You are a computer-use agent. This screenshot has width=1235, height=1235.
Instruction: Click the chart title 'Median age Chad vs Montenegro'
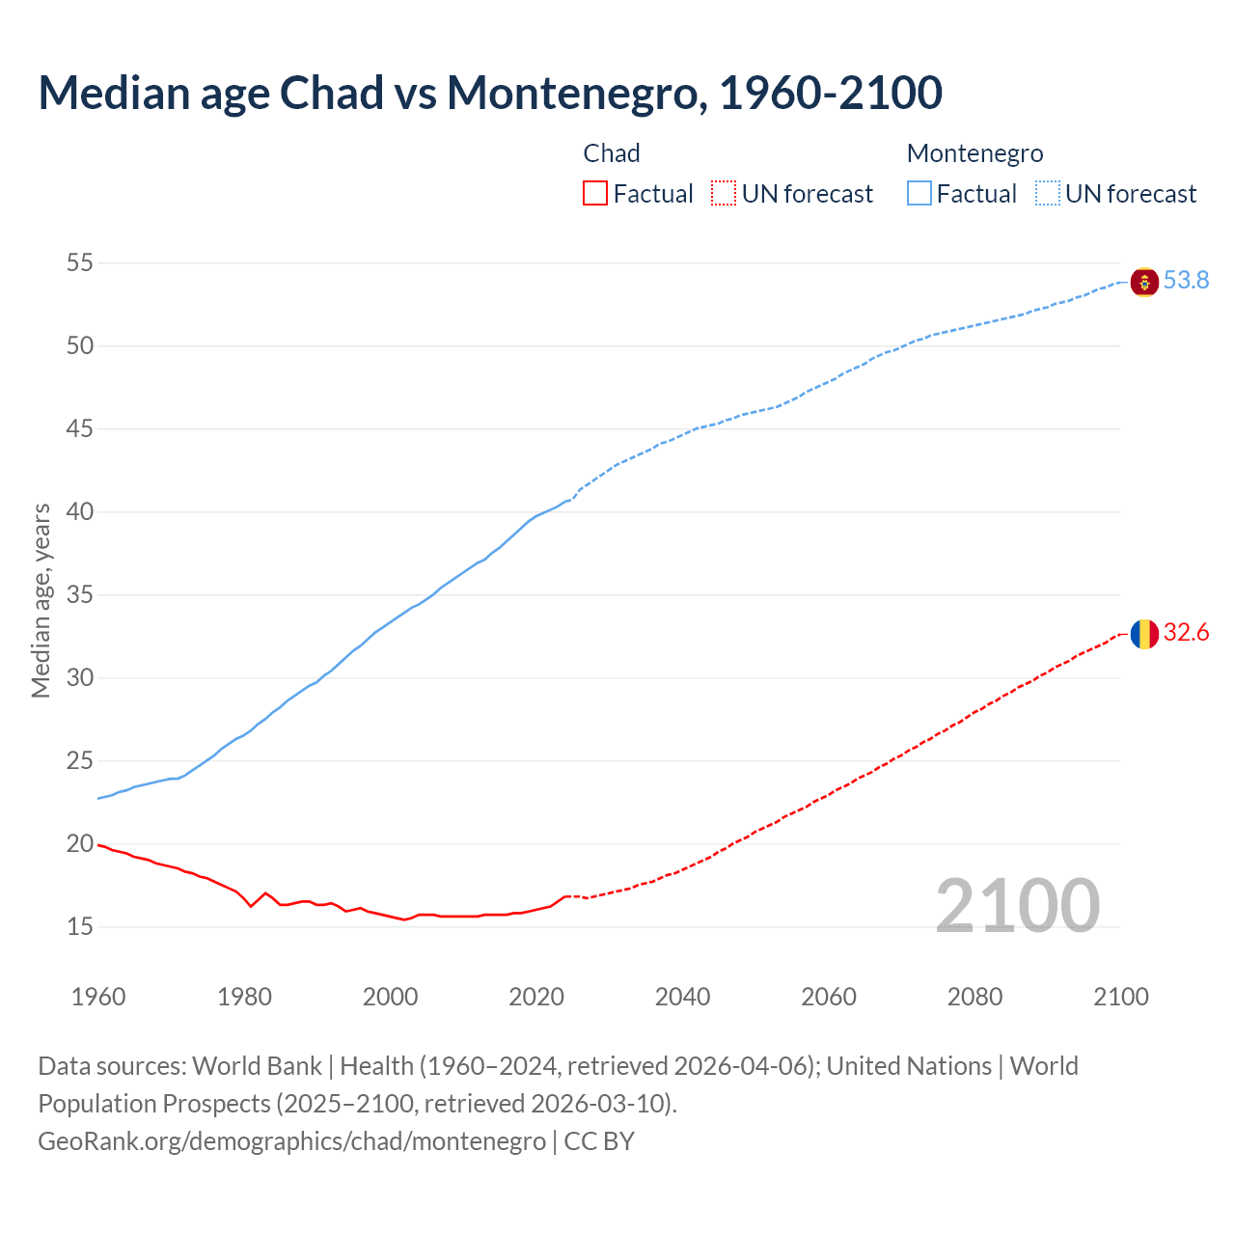490,93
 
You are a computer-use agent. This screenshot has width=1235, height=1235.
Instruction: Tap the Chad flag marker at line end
1144,634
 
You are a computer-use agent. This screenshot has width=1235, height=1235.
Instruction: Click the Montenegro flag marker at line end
1144,282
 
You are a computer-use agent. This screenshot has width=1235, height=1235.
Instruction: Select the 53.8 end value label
1186,281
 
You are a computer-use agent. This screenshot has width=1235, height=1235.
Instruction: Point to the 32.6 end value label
1186,633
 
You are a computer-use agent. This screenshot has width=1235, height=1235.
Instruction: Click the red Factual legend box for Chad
595,194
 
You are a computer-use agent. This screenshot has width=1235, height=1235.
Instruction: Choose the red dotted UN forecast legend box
724,194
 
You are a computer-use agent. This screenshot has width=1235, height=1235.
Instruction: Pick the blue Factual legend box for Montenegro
919,194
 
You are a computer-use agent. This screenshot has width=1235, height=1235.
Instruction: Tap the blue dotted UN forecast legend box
1048,194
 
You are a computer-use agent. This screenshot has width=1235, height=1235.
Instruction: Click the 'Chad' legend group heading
612,153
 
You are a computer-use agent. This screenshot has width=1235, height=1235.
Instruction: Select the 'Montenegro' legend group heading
974,153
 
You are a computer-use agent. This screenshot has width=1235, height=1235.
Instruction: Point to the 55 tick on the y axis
80,262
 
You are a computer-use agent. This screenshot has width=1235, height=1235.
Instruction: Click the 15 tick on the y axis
80,926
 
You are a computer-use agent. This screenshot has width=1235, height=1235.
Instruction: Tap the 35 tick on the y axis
80,594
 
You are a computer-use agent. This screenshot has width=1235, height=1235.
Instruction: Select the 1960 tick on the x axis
98,997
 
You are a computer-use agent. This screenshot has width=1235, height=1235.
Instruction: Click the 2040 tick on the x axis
682,997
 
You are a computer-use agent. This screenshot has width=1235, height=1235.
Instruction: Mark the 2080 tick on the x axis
974,997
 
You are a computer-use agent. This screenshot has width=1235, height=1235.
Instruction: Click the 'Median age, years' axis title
41,600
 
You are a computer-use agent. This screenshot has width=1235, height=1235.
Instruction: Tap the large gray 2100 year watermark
1017,905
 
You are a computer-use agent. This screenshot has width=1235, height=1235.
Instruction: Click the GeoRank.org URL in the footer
291,1141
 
